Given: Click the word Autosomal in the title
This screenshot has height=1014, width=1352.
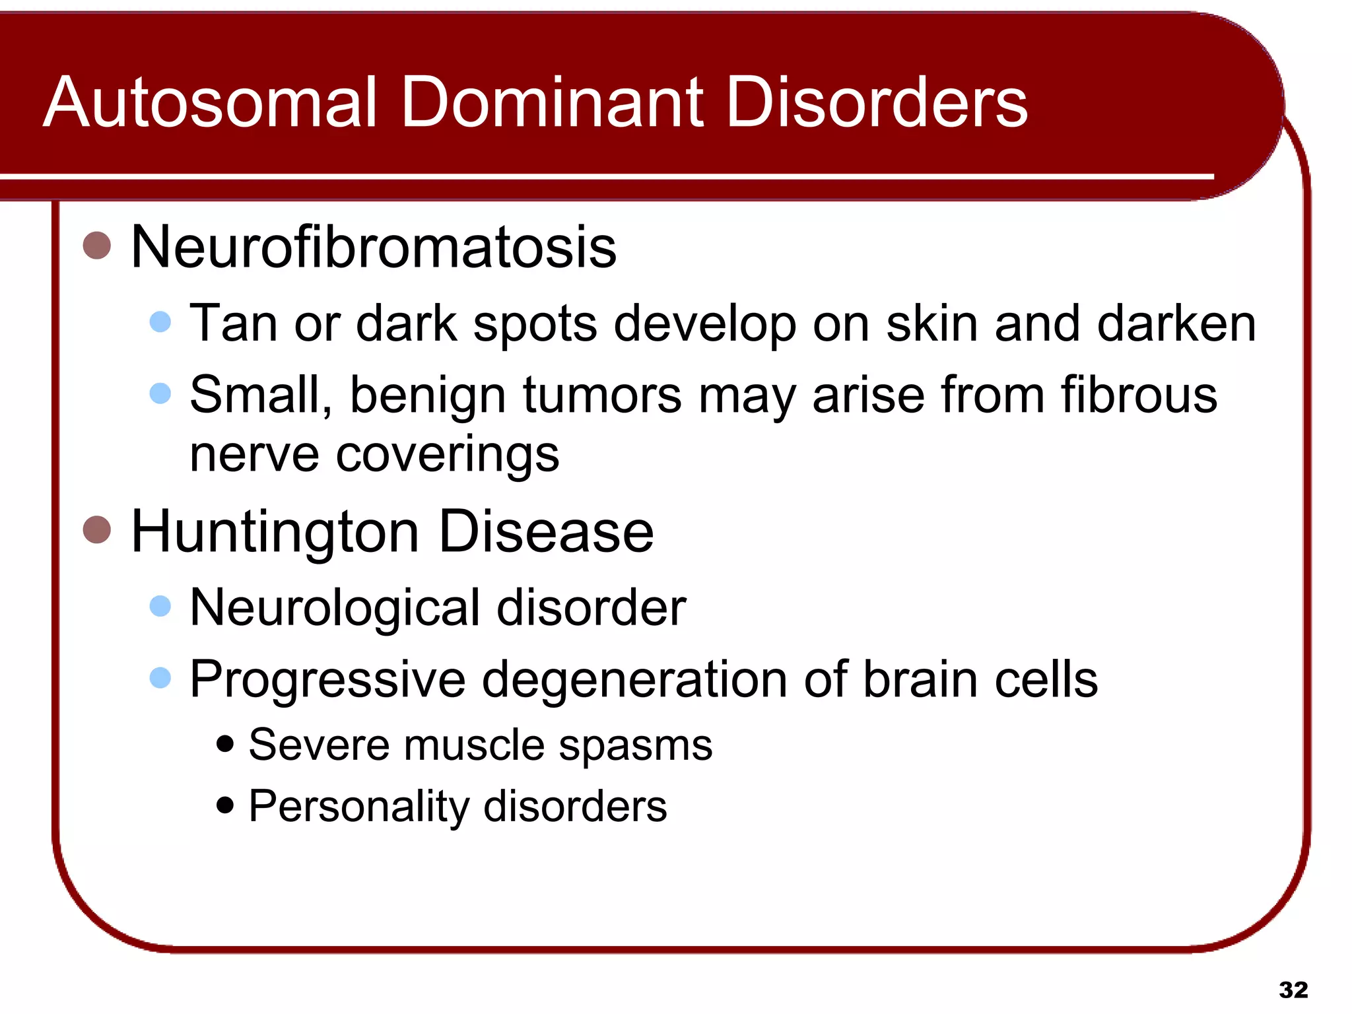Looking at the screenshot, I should pos(210,102).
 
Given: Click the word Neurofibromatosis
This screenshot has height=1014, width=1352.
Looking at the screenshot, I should pos(374,247).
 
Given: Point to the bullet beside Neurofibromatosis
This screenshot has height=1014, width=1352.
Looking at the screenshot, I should pos(97,246).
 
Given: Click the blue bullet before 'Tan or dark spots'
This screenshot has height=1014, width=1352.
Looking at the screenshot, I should pos(160,322).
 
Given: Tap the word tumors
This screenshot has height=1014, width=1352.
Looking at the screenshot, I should pos(602,395).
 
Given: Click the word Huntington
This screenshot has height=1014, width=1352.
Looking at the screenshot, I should pos(275,532).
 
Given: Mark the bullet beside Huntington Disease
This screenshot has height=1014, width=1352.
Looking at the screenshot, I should pos(97,529).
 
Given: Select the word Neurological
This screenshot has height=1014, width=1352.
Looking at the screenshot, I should pos(335,607).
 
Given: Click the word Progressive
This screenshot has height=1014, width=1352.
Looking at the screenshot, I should pos(327,680).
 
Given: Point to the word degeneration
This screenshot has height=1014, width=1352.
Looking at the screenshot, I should pos(634,680).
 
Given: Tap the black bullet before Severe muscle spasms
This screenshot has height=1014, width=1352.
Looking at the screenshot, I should pos(225,744).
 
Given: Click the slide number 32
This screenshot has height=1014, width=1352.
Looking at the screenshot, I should pos(1293,990).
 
